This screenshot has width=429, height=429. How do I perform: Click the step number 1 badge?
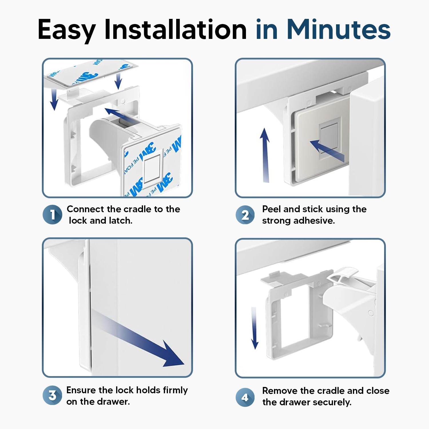click(52, 214)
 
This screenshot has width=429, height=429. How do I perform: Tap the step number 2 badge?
click(245, 215)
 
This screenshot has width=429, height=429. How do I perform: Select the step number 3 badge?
click(52, 396)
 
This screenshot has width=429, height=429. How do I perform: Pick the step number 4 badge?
click(245, 397)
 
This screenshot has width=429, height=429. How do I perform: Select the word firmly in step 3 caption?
click(175, 390)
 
